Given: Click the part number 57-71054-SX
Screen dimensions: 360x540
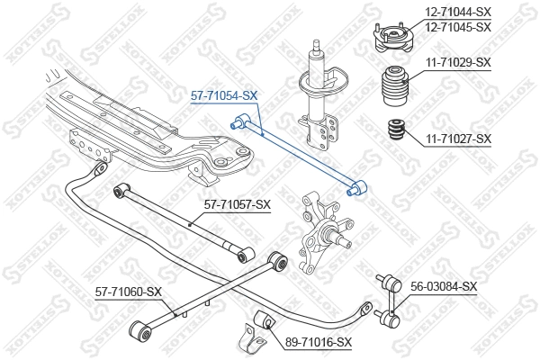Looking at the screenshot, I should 224,94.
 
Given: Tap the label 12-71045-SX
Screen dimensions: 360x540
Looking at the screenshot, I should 458,27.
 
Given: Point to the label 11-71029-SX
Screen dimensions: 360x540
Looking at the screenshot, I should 458,62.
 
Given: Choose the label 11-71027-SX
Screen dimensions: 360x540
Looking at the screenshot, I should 458,139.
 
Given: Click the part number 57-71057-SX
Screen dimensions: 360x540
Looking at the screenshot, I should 238,205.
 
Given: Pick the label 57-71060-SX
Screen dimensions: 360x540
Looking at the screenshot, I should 129,292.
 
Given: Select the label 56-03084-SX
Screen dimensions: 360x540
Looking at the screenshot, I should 444,286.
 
